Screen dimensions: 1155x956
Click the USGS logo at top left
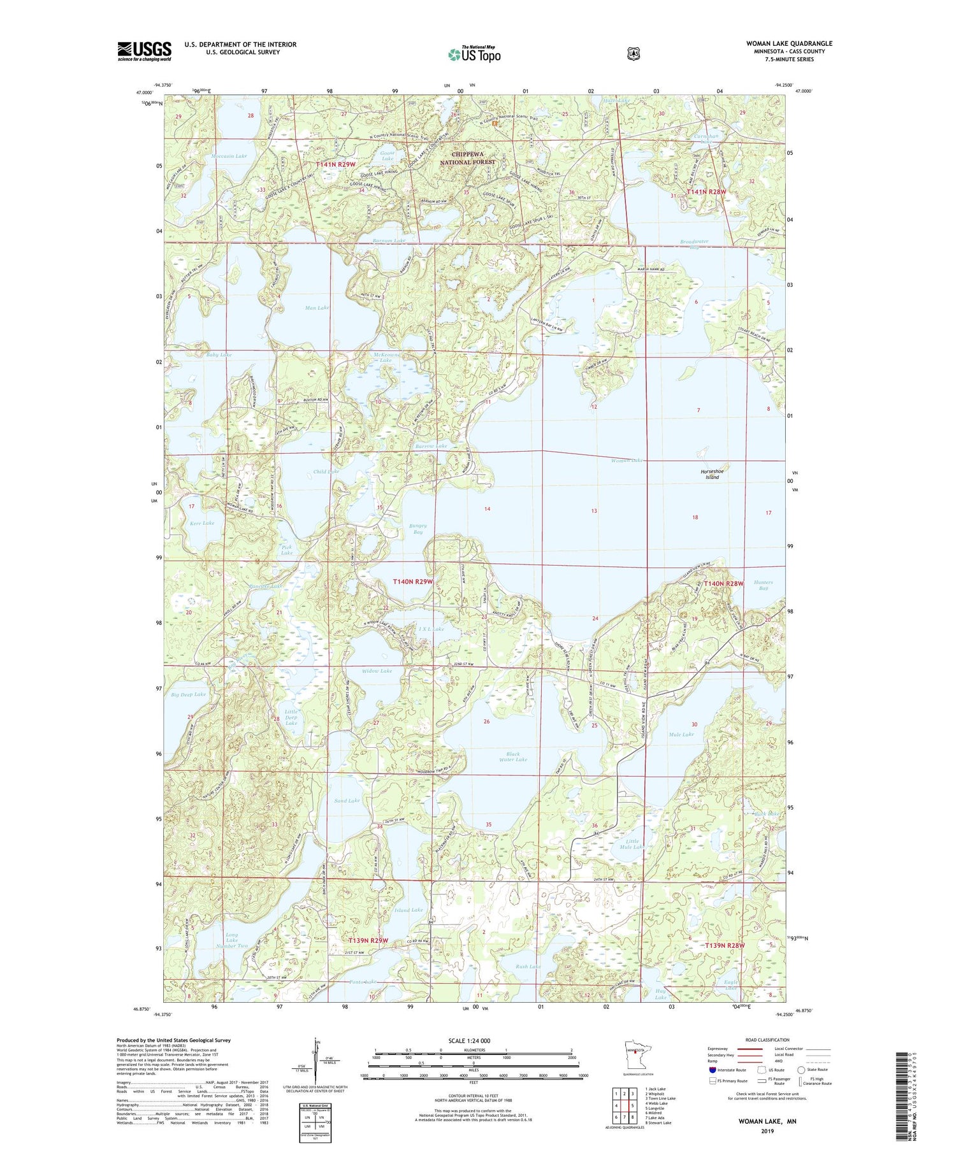pyautogui.click(x=144, y=51)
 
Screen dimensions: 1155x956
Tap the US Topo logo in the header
pyautogui.click(x=474, y=54)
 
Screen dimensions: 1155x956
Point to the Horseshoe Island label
pyautogui.click(x=712, y=474)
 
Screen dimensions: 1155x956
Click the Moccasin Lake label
pyautogui.click(x=229, y=155)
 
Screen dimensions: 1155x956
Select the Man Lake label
pyautogui.click(x=317, y=308)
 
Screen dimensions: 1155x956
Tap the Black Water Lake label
pyautogui.click(x=513, y=757)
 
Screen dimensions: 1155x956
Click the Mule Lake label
pyautogui.click(x=681, y=735)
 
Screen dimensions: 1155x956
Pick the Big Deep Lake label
pyautogui.click(x=189, y=694)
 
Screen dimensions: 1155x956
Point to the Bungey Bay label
pyautogui.click(x=417, y=529)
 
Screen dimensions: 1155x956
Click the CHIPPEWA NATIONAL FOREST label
pyautogui.click(x=468, y=158)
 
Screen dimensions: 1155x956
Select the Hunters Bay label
pyautogui.click(x=763, y=585)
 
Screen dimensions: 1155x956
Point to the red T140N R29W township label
pyautogui.click(x=412, y=582)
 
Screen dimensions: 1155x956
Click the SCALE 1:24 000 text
pyautogui.click(x=474, y=1041)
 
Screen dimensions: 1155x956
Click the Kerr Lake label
pyautogui.click(x=202, y=523)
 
